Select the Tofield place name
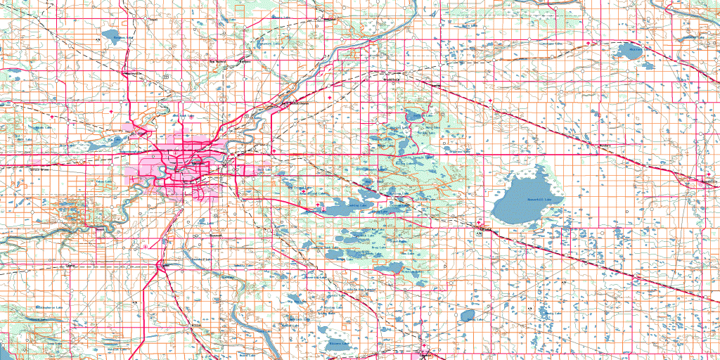point(484,229)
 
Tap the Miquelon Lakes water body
point(389,268)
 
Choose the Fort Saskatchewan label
point(295,104)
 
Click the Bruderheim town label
point(391,79)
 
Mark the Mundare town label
point(603,146)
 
